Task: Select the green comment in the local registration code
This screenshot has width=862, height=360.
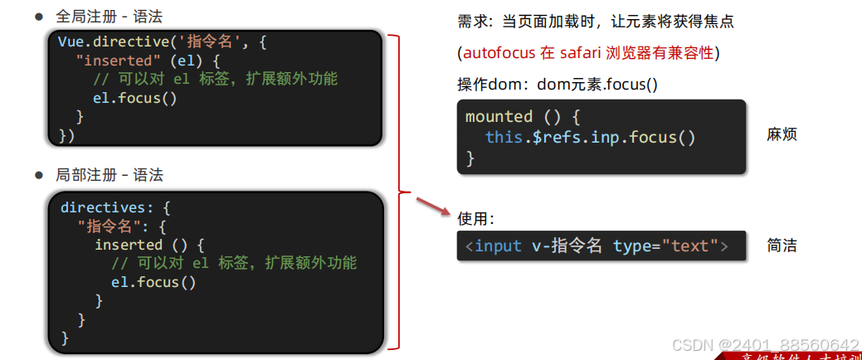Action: click(235, 263)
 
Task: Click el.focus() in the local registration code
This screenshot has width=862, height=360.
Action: click(153, 282)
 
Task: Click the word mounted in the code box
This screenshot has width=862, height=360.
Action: click(499, 116)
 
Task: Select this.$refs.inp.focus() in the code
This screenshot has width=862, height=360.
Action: click(590, 137)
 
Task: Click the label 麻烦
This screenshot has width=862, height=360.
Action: click(782, 134)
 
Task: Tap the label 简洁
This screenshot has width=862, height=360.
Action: click(782, 246)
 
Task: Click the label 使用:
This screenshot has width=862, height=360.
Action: click(476, 218)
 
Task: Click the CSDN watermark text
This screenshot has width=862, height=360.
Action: click(764, 345)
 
